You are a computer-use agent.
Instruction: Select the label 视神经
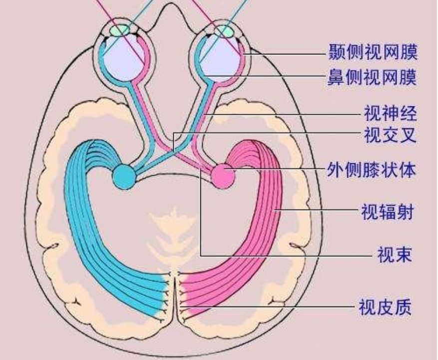click(x=390, y=113)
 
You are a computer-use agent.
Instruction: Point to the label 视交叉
click(x=390, y=135)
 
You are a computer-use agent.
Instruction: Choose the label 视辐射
click(x=388, y=212)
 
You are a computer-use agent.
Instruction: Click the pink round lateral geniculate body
click(x=223, y=175)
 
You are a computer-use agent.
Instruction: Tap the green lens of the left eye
click(x=120, y=30)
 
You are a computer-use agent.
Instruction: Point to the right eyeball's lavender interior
click(x=220, y=59)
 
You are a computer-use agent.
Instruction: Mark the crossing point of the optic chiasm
click(x=173, y=152)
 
